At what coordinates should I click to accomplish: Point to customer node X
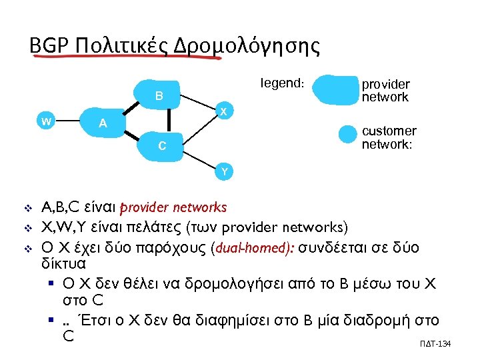point(225,110)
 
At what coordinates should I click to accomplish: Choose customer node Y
point(225,171)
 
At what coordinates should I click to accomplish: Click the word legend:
point(283,83)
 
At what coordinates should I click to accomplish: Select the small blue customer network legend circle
point(347,133)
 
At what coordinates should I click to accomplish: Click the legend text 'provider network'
point(385,90)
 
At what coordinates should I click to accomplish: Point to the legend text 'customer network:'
point(389,137)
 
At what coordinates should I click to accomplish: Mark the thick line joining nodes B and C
point(169,121)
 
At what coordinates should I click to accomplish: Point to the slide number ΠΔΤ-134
point(437,342)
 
